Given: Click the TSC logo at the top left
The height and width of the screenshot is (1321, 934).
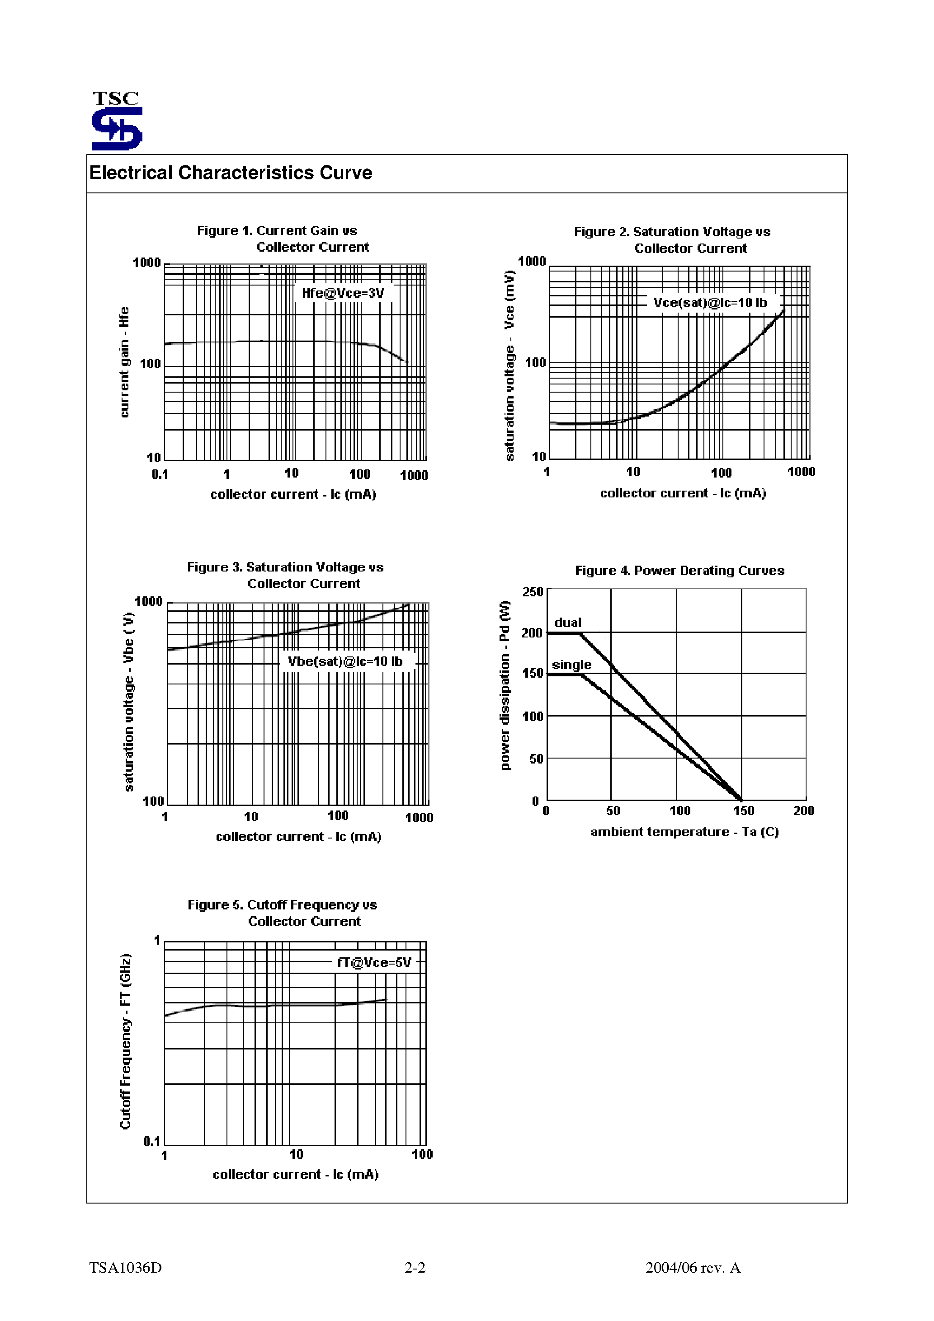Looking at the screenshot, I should pos(117,121).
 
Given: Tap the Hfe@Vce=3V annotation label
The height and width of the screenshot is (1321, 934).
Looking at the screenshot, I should pos(343,293).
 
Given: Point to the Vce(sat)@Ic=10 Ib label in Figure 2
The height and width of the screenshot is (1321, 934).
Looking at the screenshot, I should pos(710,303).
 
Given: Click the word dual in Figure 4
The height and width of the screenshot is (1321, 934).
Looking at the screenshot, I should pos(568,623).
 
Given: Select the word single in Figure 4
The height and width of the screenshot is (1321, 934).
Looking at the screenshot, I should pos(571,665).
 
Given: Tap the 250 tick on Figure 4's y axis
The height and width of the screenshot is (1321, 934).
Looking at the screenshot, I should pos(533,592).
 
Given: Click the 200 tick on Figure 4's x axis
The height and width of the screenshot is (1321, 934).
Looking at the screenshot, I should pos(803,810).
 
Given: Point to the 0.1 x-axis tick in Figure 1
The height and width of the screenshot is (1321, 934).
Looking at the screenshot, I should pos(160,475).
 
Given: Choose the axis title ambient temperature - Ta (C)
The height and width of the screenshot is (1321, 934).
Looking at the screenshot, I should pos(684,832).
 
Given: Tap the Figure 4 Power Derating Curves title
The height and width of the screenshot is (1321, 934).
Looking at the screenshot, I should pos(679,571).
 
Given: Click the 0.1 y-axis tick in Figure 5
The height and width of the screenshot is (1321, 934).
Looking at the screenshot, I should pos(151,1141).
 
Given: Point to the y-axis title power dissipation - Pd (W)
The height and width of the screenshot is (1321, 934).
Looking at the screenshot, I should pos(505,684).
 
